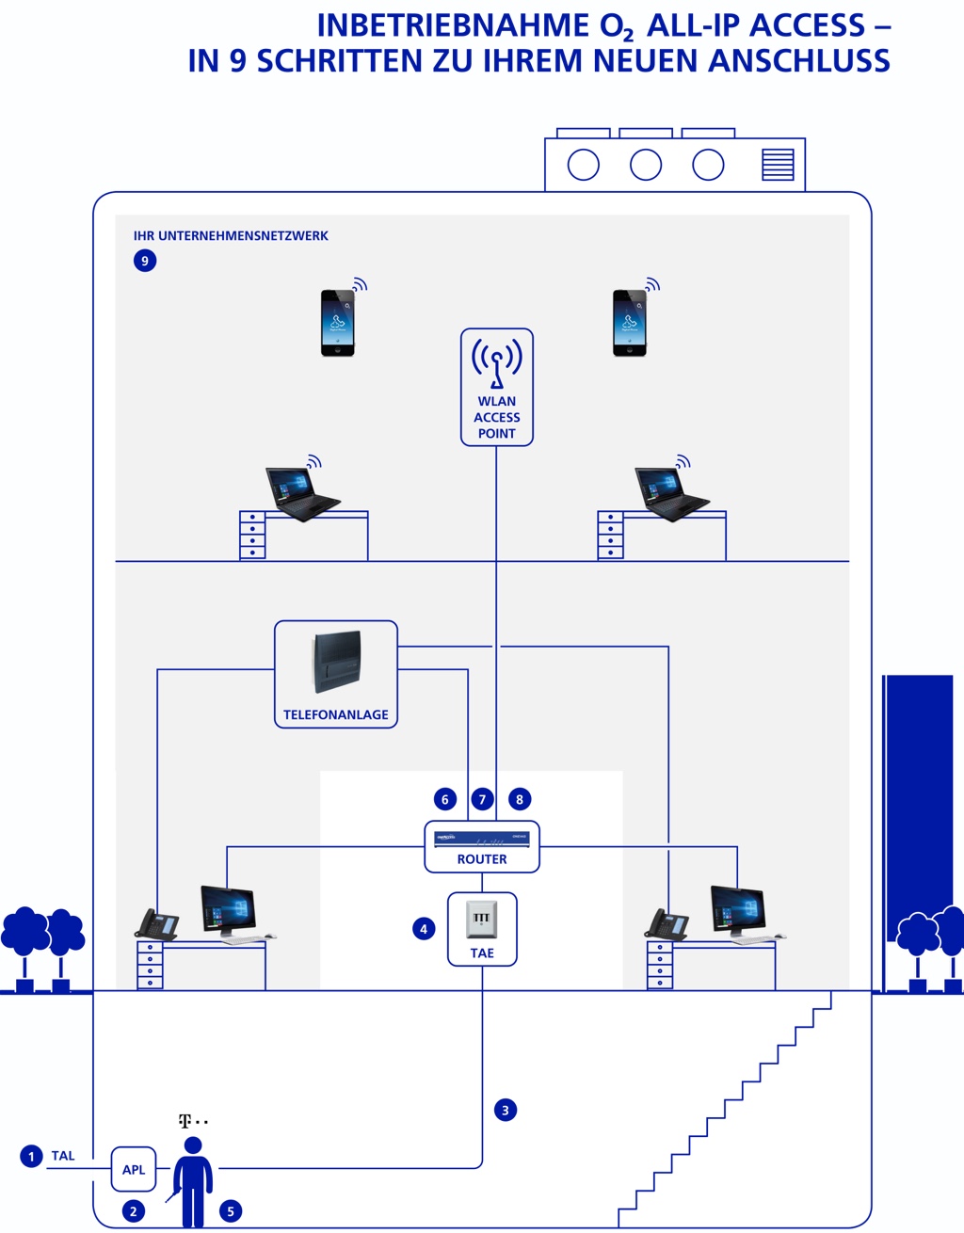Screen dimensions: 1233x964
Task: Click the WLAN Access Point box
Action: (x=496, y=387)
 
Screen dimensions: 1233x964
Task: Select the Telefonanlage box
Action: (x=335, y=675)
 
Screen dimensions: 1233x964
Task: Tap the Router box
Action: (x=482, y=846)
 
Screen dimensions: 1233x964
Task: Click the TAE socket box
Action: (x=482, y=929)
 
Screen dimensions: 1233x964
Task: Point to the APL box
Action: (x=134, y=1169)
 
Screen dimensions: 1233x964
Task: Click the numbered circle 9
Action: (x=145, y=261)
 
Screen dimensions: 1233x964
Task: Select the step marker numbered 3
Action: (x=506, y=1110)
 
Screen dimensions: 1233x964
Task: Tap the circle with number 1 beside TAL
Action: (x=31, y=1156)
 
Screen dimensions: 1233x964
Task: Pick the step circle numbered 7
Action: (x=482, y=799)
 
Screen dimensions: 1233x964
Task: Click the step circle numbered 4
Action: (x=424, y=929)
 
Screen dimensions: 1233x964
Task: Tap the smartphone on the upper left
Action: (x=338, y=322)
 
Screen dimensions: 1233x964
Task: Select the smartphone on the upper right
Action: (x=630, y=322)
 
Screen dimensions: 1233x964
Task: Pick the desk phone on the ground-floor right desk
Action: (x=666, y=924)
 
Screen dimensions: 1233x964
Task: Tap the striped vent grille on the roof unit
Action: (x=778, y=165)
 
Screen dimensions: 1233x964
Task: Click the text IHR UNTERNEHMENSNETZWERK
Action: (x=231, y=236)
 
